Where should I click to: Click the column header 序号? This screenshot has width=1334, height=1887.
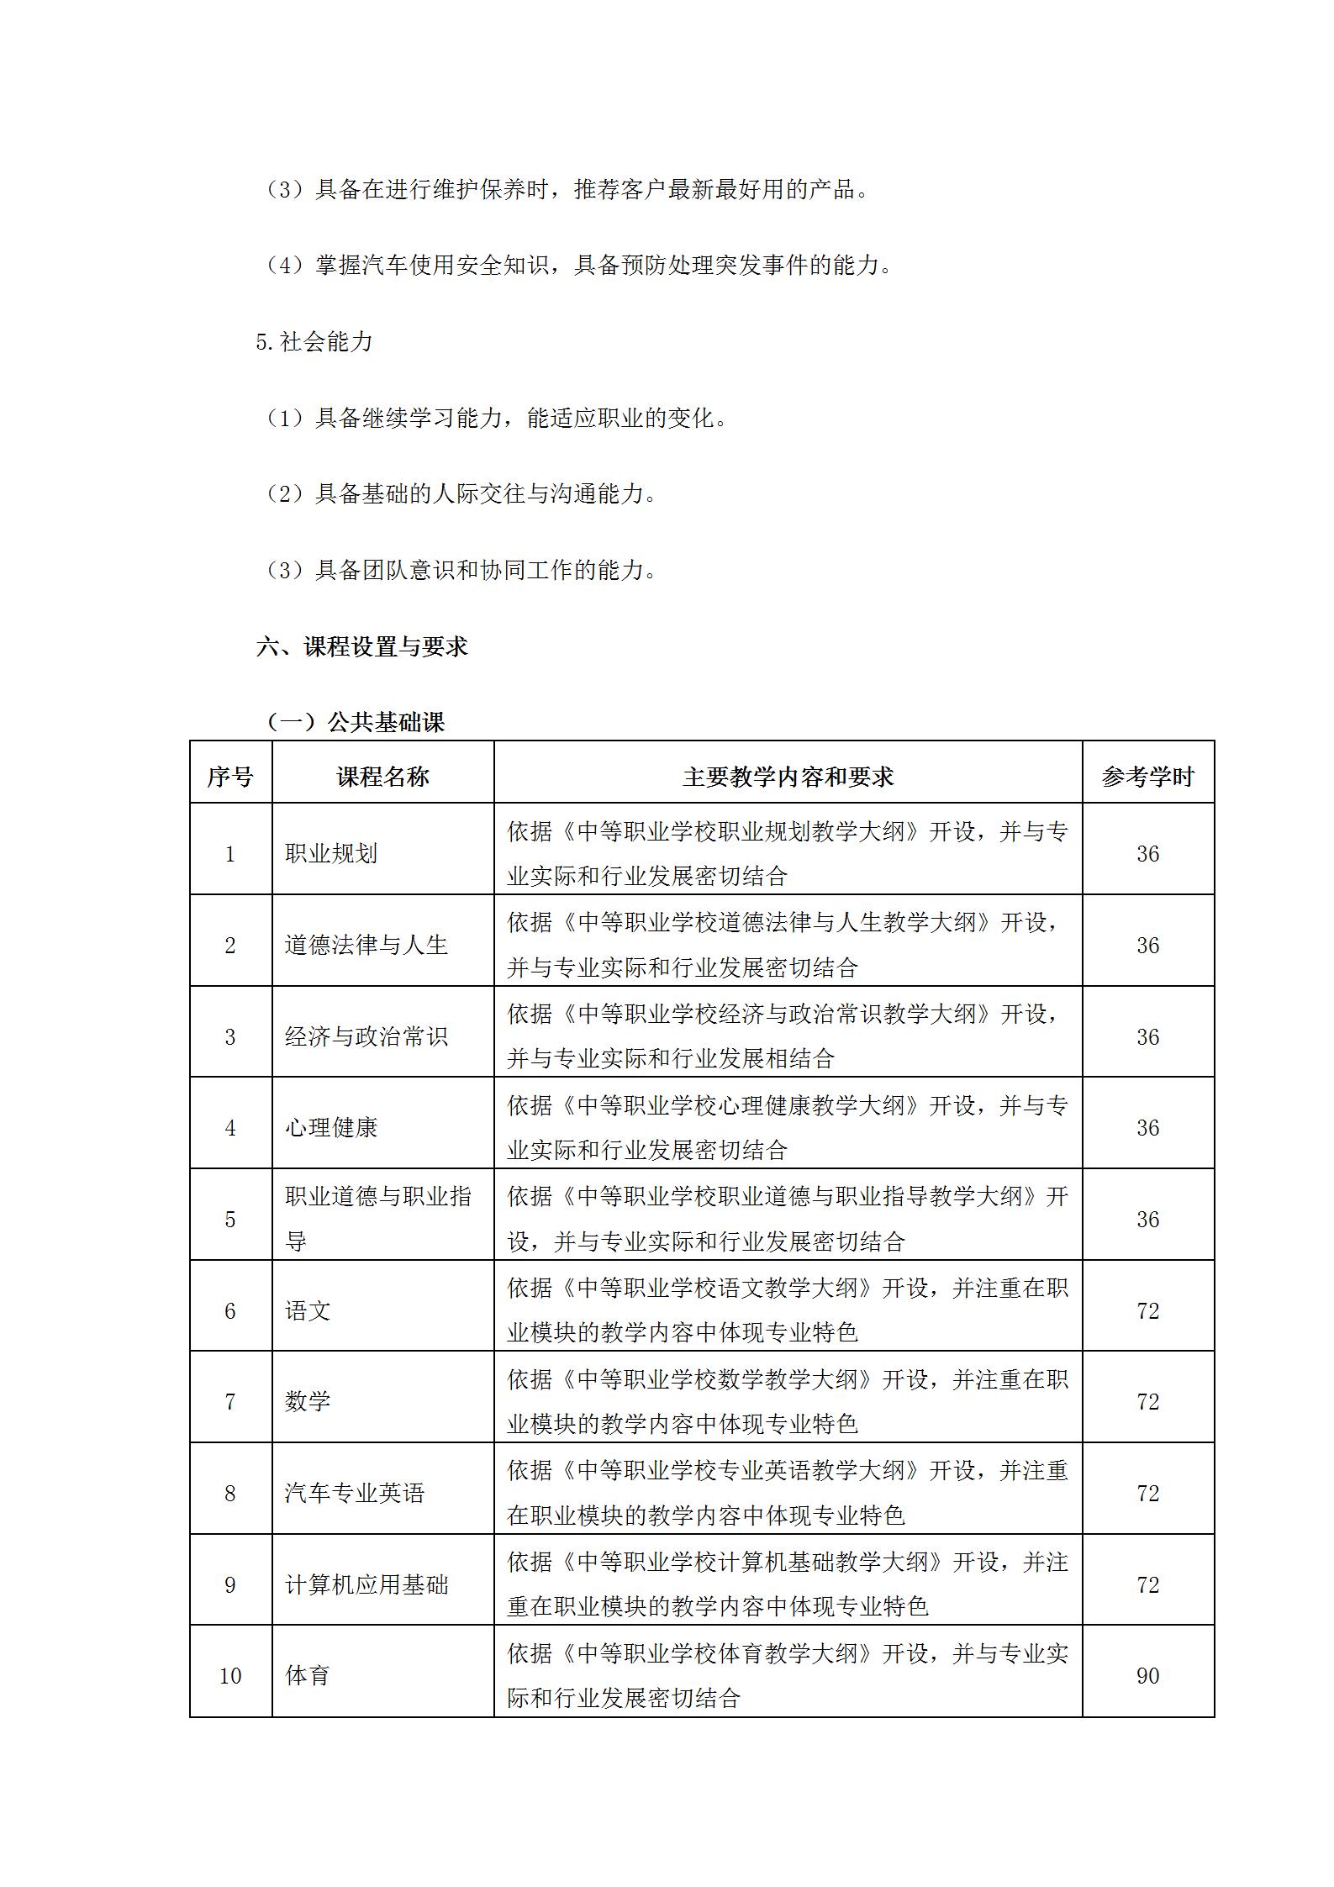pyautogui.click(x=230, y=777)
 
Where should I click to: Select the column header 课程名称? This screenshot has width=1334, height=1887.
pyautogui.click(x=382, y=777)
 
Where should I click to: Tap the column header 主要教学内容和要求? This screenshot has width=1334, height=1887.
pyautogui.click(x=788, y=777)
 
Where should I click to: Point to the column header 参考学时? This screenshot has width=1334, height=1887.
pyautogui.click(x=1147, y=777)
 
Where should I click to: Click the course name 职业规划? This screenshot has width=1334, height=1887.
pyautogui.click(x=331, y=854)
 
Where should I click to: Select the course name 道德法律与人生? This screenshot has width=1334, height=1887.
pyautogui.click(x=366, y=945)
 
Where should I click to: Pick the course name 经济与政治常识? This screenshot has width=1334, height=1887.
pyautogui.click(x=366, y=1036)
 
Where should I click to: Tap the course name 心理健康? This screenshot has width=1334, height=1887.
pyautogui.click(x=331, y=1127)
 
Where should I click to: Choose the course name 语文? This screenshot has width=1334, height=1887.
pyautogui.click(x=308, y=1310)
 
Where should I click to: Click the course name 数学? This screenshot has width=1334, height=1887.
pyautogui.click(x=308, y=1401)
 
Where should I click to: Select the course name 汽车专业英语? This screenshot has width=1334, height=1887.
pyautogui.click(x=355, y=1493)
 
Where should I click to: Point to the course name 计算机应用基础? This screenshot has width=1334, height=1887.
pyautogui.click(x=366, y=1584)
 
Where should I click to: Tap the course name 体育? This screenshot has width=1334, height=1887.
pyautogui.click(x=308, y=1675)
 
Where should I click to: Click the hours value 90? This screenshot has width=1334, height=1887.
pyautogui.click(x=1147, y=1675)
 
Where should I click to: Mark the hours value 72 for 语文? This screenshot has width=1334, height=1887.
pyautogui.click(x=1147, y=1310)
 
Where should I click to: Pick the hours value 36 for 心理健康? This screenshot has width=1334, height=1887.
pyautogui.click(x=1147, y=1127)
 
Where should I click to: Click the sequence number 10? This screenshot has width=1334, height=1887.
pyautogui.click(x=230, y=1675)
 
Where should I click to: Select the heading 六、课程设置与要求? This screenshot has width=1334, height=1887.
pyautogui.click(x=361, y=646)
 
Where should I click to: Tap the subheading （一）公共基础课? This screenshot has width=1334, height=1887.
pyautogui.click(x=355, y=722)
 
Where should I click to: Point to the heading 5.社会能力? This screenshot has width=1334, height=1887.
pyautogui.click(x=314, y=341)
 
